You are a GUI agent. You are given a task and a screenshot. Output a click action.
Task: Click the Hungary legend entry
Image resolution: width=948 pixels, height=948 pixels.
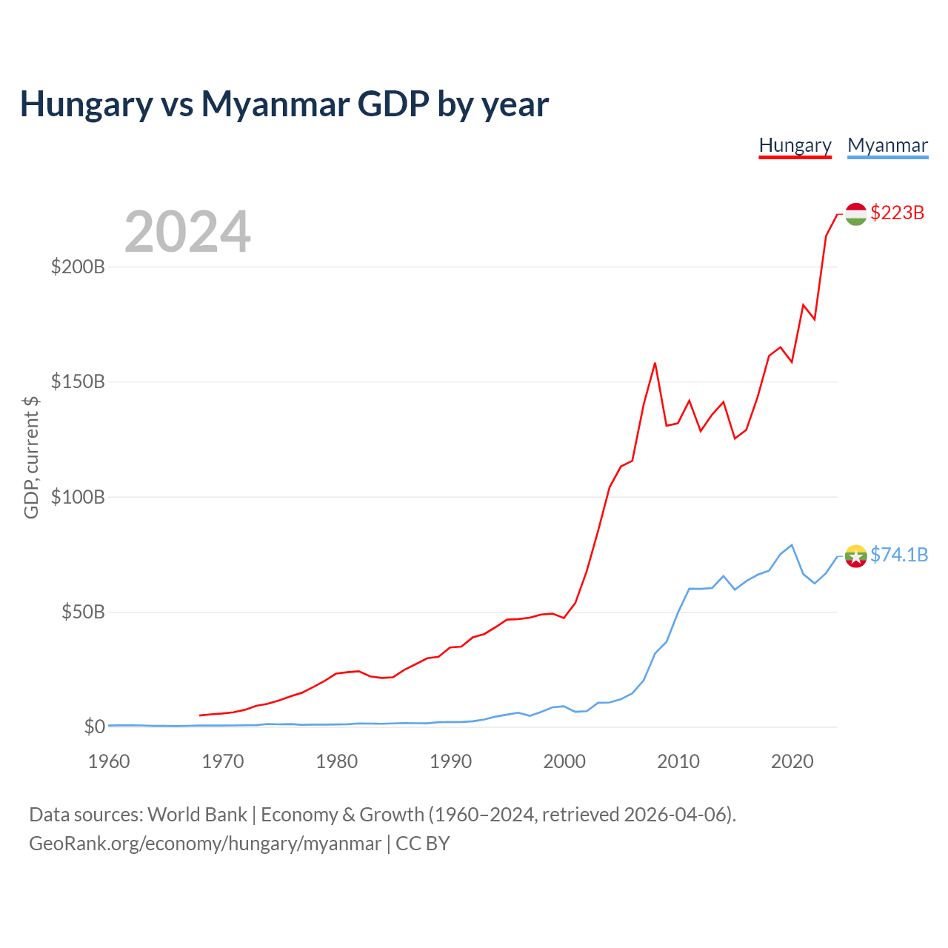[795, 146]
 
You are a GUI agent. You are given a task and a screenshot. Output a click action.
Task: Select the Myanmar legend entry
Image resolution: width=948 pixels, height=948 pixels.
[887, 146]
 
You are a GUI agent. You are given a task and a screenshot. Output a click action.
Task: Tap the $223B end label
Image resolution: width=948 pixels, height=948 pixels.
[897, 213]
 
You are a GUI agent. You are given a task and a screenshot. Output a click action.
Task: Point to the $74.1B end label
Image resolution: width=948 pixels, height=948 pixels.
[899, 555]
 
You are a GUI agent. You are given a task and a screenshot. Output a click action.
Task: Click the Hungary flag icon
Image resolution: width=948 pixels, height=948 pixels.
[855, 214]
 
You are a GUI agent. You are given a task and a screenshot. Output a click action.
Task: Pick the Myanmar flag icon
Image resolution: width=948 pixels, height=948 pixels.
[855, 556]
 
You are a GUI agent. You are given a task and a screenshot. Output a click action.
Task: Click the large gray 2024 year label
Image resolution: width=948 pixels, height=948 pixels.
[187, 231]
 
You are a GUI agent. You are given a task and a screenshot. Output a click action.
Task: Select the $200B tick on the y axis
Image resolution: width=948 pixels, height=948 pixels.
[78, 267]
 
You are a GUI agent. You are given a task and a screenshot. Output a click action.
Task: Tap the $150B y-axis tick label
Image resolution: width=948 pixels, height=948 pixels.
[78, 381]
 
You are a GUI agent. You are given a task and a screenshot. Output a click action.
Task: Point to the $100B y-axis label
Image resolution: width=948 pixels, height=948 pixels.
[78, 497]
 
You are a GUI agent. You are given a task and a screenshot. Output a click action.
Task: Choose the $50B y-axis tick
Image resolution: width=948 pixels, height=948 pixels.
[83, 612]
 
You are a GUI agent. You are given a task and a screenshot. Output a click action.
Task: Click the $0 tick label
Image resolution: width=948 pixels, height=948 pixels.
[95, 727]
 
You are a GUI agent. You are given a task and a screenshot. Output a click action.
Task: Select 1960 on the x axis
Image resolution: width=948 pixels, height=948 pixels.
[109, 761]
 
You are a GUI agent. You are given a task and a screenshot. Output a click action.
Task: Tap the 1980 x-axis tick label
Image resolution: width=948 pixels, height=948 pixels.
[336, 761]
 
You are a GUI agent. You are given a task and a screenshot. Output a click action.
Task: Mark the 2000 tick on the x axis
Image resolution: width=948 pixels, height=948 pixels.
[564, 761]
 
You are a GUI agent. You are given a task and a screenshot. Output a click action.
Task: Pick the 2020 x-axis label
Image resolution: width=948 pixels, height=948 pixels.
[792, 761]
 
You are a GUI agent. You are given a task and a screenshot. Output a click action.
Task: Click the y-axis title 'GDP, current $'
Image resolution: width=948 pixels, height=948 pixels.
[31, 458]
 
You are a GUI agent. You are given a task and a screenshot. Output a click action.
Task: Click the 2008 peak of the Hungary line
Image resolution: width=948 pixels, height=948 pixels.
[655, 364]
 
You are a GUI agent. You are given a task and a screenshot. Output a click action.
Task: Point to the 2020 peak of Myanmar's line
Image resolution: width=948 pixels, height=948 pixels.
[792, 545]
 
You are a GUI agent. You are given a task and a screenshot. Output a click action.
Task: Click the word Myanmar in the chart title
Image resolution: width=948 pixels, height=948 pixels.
[276, 104]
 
